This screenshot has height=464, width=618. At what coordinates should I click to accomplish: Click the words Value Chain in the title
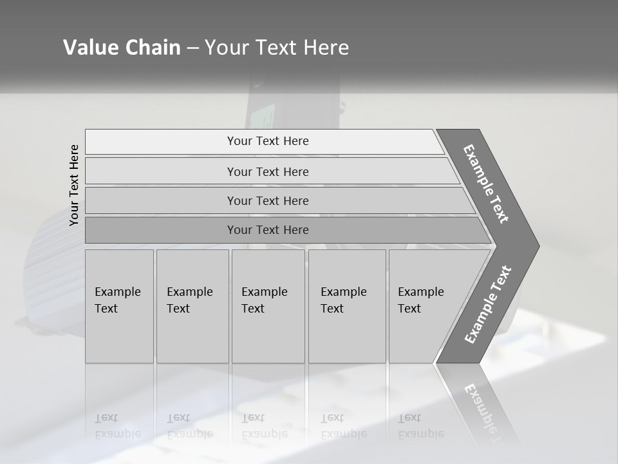[122, 48]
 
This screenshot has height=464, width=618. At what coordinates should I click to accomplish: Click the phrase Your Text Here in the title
[277, 48]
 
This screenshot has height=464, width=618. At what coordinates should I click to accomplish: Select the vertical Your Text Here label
[75, 186]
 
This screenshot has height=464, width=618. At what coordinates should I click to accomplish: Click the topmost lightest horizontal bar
[267, 141]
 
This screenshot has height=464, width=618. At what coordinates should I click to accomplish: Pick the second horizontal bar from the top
[267, 171]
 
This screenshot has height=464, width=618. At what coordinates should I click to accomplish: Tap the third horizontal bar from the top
[267, 200]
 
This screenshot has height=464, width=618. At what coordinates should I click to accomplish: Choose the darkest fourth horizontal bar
[267, 230]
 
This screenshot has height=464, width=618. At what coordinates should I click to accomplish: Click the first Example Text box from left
[119, 305]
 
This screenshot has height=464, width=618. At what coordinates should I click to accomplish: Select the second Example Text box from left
[192, 305]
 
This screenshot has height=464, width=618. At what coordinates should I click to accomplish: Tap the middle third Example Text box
[268, 305]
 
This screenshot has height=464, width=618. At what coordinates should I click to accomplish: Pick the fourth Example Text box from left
[346, 305]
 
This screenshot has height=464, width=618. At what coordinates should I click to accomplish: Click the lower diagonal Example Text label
[488, 305]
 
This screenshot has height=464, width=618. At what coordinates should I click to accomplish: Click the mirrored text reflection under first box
[117, 426]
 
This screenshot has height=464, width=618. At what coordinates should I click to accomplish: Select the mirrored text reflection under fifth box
[420, 426]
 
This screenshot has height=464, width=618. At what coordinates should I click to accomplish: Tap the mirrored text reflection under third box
[264, 426]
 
